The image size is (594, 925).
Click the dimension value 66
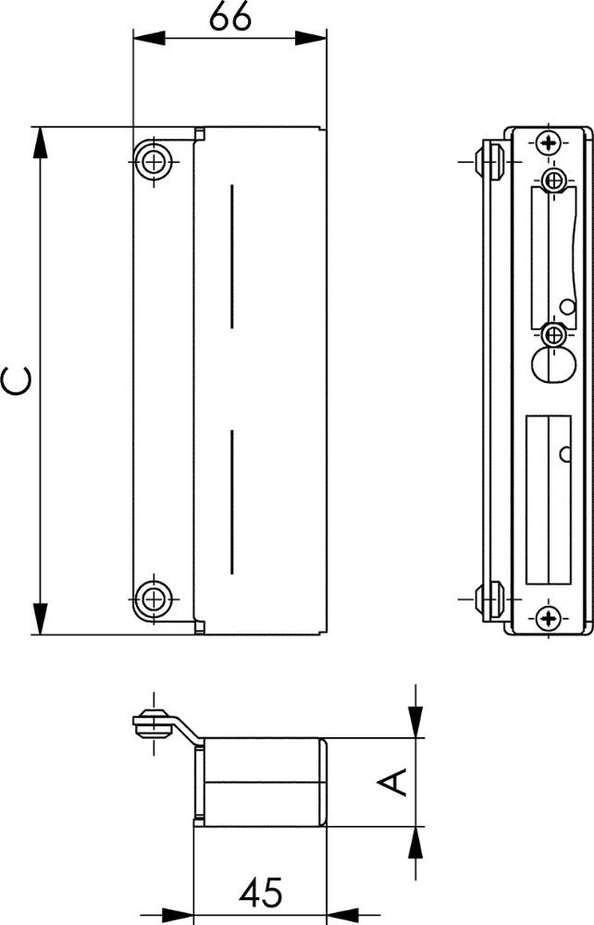(230, 18)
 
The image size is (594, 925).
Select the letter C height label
(17, 380)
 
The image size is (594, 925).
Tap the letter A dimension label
(393, 782)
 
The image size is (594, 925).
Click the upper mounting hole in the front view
(154, 161)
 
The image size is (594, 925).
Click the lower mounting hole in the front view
(154, 599)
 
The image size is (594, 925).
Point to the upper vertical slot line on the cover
(232, 256)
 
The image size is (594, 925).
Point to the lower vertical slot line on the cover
(232, 502)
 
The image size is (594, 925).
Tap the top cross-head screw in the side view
(550, 142)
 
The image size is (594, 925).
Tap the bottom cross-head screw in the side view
(550, 618)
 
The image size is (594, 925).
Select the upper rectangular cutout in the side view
(552, 257)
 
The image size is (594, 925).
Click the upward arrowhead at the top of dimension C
(40, 142)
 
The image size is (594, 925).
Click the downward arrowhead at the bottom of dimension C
(40, 620)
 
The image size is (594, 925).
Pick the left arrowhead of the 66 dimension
(149, 38)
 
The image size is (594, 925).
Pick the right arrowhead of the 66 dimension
(311, 38)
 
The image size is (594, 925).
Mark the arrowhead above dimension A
(415, 721)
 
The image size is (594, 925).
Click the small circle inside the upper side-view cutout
(567, 306)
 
